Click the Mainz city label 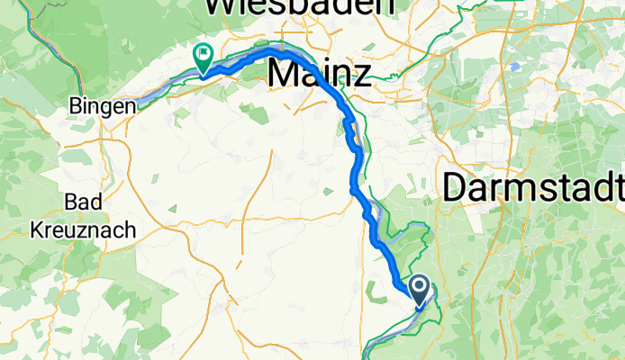coord(320,74)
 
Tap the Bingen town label coord(103,106)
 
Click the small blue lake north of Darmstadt coord(514,67)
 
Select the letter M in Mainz coord(284,74)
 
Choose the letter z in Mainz coord(360,76)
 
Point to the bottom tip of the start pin coord(420,309)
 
